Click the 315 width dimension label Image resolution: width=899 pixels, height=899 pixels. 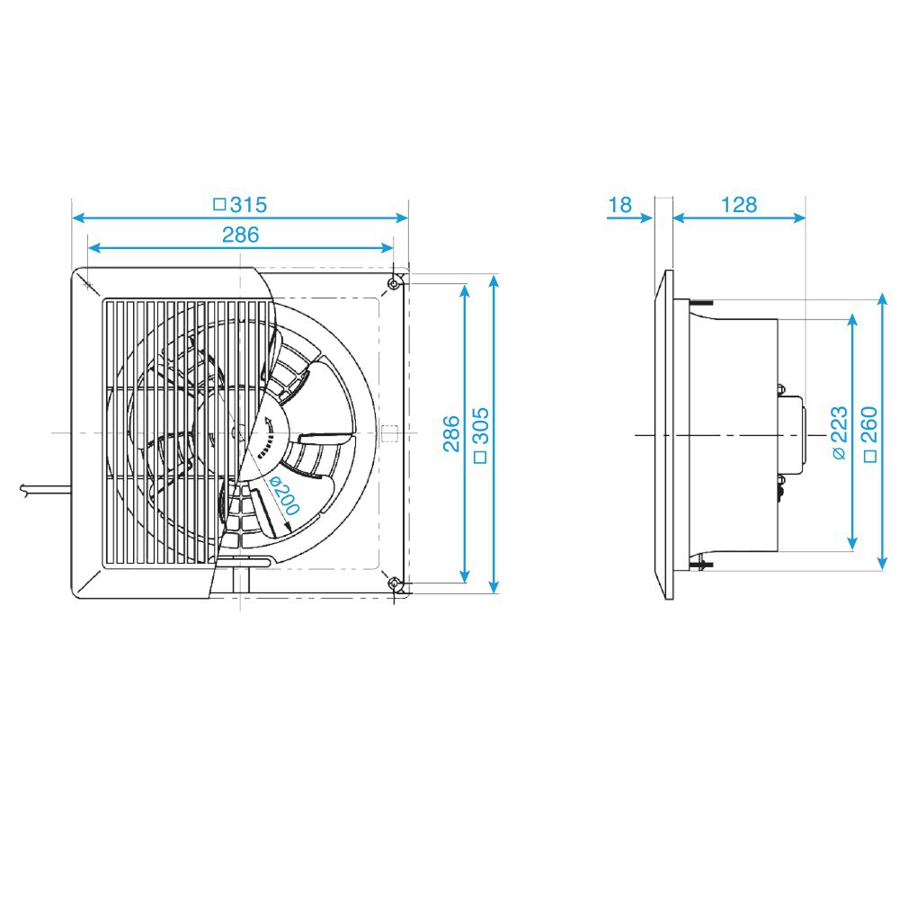tap(240, 205)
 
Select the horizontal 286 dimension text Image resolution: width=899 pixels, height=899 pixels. tap(240, 235)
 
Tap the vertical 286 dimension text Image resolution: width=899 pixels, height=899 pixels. tap(451, 433)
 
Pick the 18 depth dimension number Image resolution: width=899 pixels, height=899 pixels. tap(619, 205)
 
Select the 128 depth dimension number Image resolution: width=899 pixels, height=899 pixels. tap(739, 205)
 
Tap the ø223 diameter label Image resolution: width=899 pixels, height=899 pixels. tap(838, 433)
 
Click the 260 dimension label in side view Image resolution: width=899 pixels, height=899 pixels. tap(868, 433)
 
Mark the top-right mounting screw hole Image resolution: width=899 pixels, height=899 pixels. tap(395, 283)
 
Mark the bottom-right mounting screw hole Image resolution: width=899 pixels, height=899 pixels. tap(395, 585)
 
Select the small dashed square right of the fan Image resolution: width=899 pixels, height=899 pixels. tap(388, 433)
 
